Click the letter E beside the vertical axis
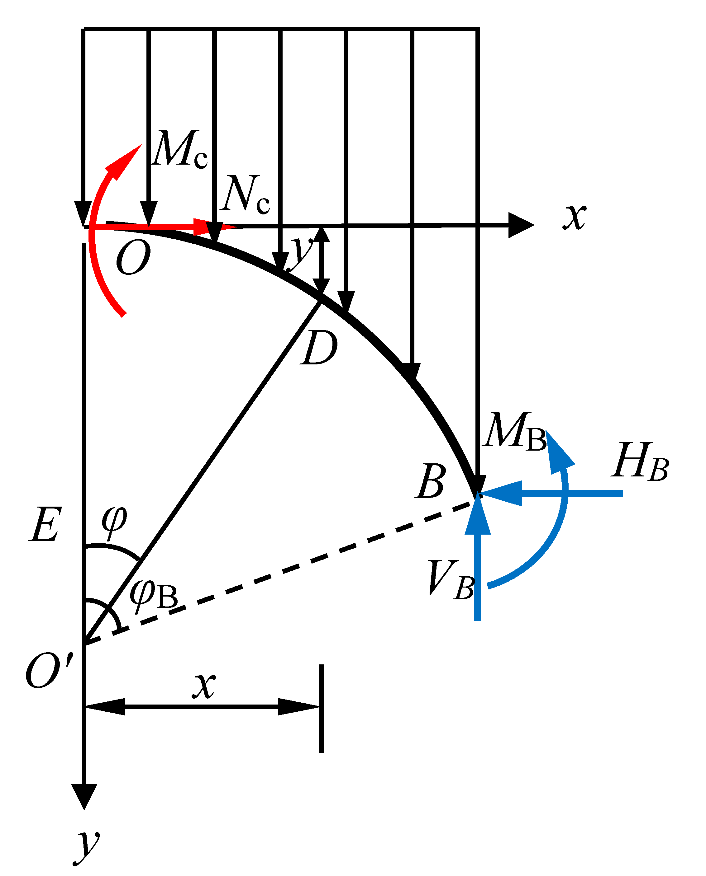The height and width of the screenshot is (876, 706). tap(45, 525)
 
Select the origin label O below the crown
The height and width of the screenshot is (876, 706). tap(133, 257)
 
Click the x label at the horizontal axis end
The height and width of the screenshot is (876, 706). tap(575, 217)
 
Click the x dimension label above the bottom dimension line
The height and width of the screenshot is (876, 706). tap(204, 686)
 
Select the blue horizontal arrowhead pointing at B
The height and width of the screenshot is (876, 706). tap(502, 494)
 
